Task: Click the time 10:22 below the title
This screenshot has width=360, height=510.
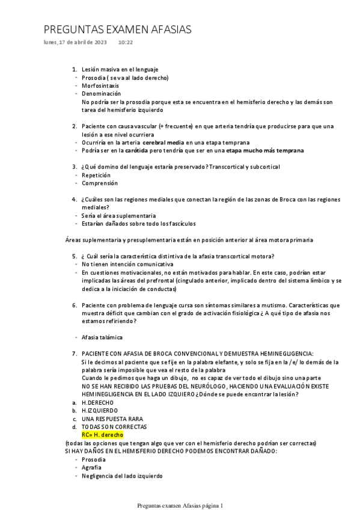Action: (126, 42)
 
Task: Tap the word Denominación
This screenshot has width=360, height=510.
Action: (101, 93)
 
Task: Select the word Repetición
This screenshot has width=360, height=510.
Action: (96, 174)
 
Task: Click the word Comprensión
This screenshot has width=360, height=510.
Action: (100, 183)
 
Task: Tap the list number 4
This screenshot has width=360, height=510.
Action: (74, 199)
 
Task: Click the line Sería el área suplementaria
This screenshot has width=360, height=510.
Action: (119, 215)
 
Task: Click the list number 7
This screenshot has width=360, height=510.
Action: (74, 354)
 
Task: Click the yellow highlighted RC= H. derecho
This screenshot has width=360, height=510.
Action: (102, 434)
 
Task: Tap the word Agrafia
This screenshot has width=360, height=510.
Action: (91, 467)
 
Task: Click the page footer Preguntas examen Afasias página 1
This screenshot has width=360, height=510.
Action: (180, 505)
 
